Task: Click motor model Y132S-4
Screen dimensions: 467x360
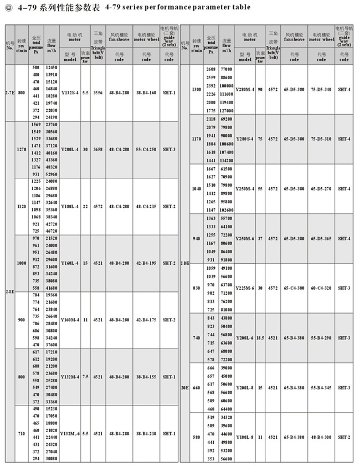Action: coord(70,93)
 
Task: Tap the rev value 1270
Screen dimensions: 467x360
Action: coord(21,150)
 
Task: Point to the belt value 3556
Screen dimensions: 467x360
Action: coord(97,93)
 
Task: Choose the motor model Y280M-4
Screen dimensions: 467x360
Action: coord(245,89)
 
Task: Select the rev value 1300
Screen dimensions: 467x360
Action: coord(196,89)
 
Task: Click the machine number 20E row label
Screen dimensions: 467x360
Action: coord(185,387)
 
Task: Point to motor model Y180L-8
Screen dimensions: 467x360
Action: coord(245,437)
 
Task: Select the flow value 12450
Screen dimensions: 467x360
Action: coord(51,68)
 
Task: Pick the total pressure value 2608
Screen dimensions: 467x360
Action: coord(211,68)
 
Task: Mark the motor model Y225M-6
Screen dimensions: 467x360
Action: coord(245,288)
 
